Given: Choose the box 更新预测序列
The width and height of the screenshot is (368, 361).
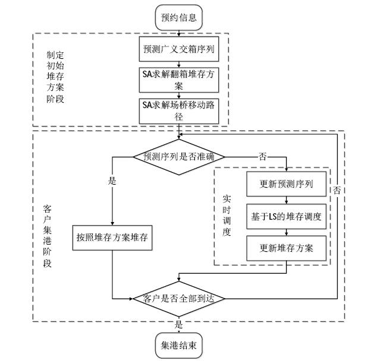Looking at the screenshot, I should (287, 185).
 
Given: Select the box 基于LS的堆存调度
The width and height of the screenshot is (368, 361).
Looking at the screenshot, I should (287, 217).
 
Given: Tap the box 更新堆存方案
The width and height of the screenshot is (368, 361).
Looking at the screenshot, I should (287, 248).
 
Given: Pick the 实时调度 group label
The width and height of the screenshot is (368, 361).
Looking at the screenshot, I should (227, 214).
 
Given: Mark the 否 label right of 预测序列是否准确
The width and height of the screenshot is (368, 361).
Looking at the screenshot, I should (262, 156).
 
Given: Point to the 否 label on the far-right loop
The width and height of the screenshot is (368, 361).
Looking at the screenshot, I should (336, 191).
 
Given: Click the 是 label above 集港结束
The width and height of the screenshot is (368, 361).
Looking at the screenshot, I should (178, 325).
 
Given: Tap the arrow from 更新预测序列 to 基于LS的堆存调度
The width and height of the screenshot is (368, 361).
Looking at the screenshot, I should (287, 200).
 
